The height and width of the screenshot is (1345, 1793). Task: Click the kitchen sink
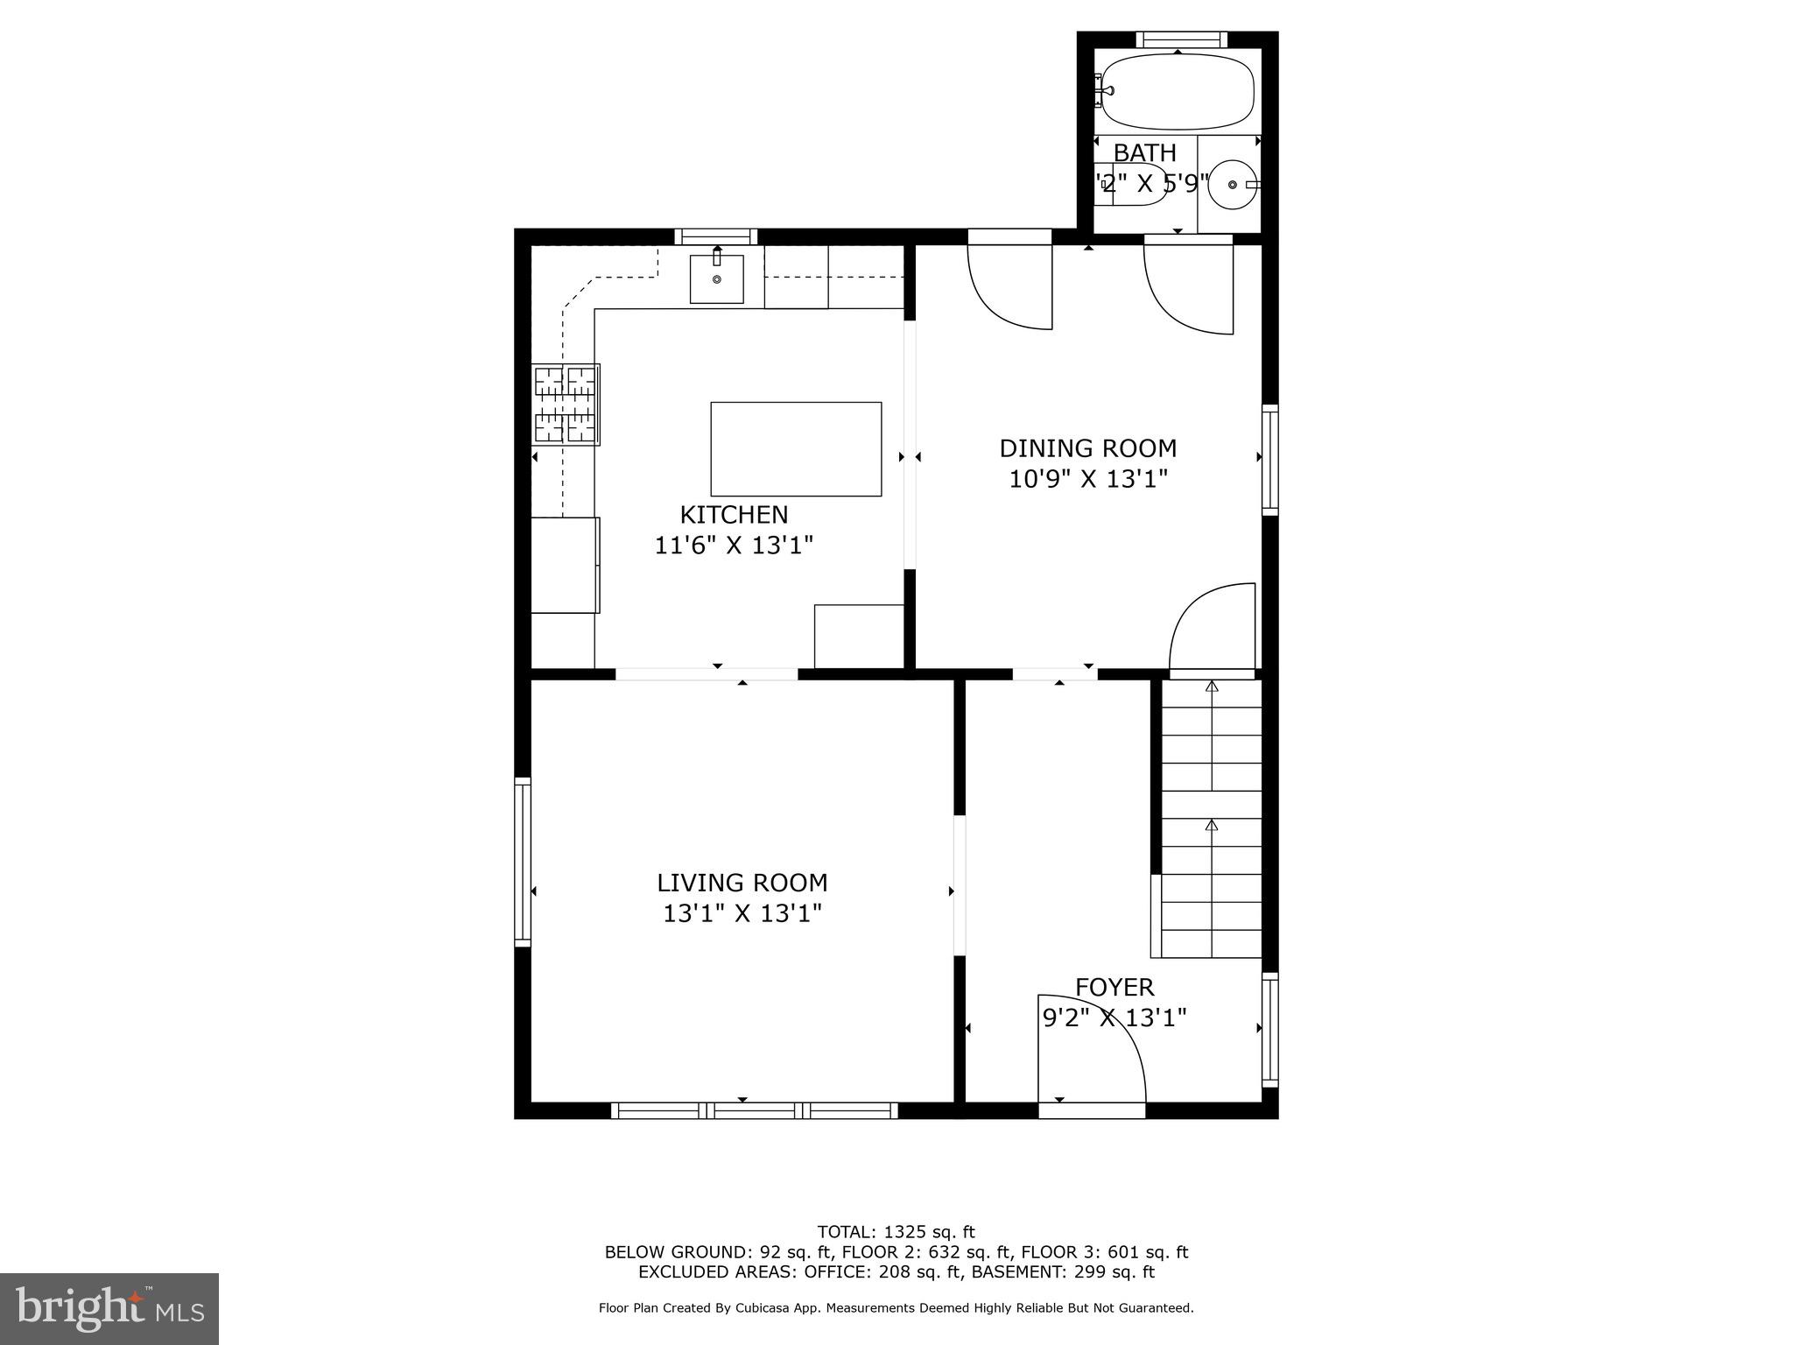pyautogui.click(x=716, y=278)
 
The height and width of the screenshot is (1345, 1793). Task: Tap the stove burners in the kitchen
pyautogui.click(x=566, y=405)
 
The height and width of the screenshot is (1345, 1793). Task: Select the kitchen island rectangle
pyautogui.click(x=795, y=448)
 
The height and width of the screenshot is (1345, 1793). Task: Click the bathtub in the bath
pyautogui.click(x=1178, y=91)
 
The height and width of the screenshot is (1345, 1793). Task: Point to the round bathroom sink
pyautogui.click(x=1232, y=185)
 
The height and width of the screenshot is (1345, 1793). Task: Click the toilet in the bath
pyautogui.click(x=1131, y=185)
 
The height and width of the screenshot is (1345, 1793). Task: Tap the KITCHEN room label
pyautogui.click(x=734, y=515)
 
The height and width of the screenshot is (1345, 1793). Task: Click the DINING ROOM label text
pyautogui.click(x=1087, y=448)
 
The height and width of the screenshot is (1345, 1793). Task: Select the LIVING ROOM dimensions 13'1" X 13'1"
pyautogui.click(x=742, y=914)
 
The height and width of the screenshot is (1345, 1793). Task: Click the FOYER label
pyautogui.click(x=1114, y=988)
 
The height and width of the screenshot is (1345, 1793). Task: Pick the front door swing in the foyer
pyautogui.click(x=1089, y=1051)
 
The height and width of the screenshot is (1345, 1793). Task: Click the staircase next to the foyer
pyautogui.click(x=1212, y=819)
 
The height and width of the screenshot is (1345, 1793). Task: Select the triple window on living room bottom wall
pyautogui.click(x=754, y=1111)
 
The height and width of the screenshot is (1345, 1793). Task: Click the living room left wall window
pyautogui.click(x=523, y=862)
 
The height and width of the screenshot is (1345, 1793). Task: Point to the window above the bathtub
pyautogui.click(x=1181, y=39)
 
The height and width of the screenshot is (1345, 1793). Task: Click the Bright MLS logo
pyautogui.click(x=109, y=1307)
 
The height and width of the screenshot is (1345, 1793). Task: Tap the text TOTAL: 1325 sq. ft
pyautogui.click(x=896, y=1232)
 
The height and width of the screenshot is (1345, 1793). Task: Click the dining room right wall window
pyautogui.click(x=1269, y=460)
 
